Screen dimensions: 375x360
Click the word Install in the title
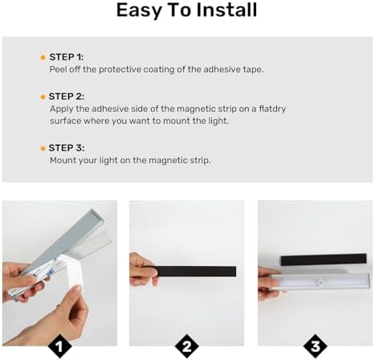226,10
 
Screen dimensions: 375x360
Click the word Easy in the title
139,11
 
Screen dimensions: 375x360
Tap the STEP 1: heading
67,57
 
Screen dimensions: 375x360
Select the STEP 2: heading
67,96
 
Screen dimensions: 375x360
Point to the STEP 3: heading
67,148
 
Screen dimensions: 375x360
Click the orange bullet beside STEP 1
43,58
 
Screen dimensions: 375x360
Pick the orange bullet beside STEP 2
43,97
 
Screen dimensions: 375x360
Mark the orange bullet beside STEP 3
43,149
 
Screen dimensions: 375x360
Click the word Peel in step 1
58,69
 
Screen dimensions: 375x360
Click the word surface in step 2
66,121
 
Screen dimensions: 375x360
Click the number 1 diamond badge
59,346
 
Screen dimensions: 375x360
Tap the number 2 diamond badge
187,346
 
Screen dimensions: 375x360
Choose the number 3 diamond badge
316,346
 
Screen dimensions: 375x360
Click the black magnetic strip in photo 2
195,272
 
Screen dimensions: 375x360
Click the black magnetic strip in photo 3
324,260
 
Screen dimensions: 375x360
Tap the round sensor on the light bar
320,282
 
